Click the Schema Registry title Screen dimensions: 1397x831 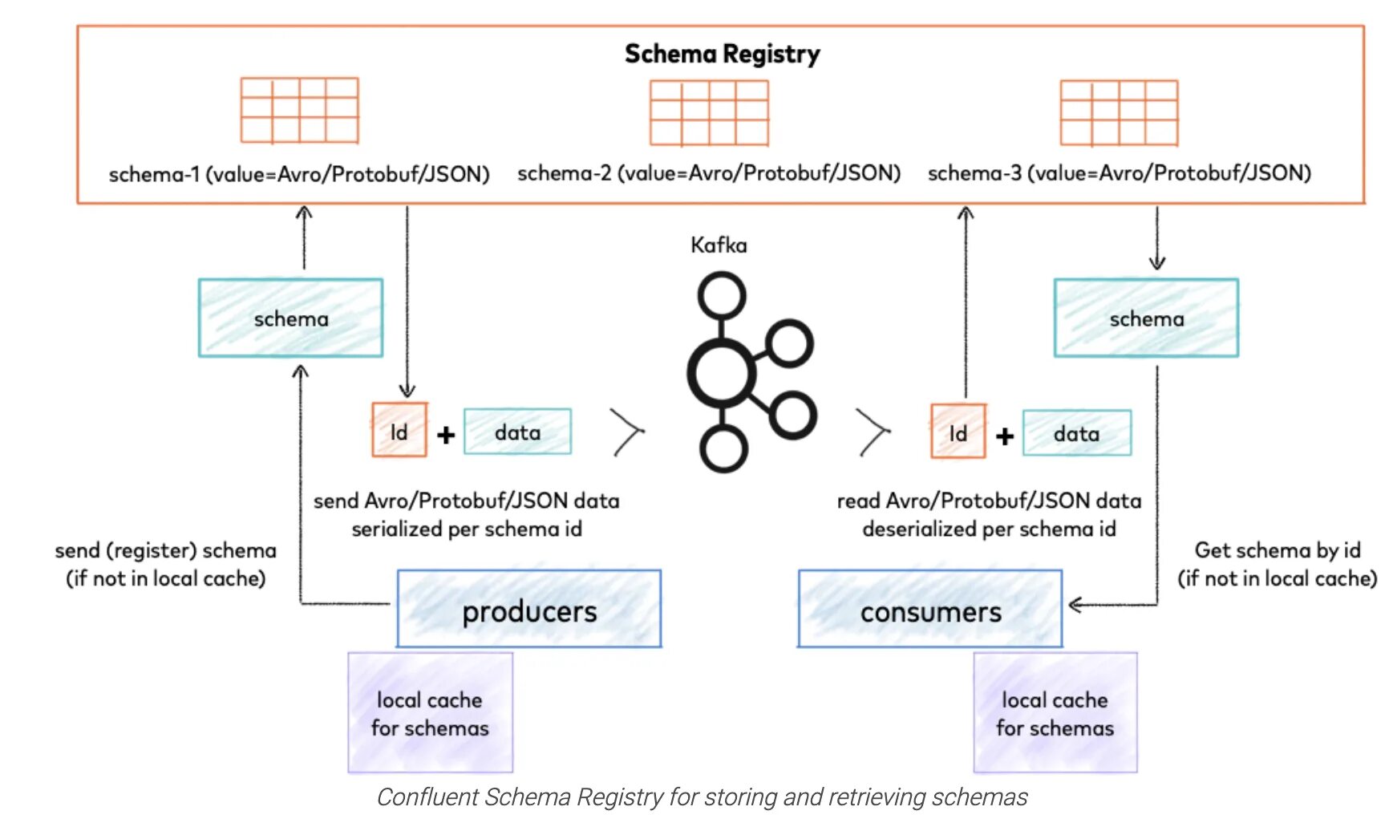[722, 54]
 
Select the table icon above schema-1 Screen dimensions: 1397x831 [299, 111]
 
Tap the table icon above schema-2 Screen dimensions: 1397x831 [709, 112]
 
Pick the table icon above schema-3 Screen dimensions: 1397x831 [1119, 112]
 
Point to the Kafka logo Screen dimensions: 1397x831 [751, 371]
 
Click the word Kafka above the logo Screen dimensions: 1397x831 [719, 245]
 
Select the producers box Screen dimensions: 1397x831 [529, 609]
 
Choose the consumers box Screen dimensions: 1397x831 [930, 609]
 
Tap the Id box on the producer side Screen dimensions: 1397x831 [399, 431]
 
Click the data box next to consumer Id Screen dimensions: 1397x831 [1077, 433]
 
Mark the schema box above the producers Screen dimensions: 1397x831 [290, 318]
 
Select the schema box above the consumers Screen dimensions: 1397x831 [1146, 318]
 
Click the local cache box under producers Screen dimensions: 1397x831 [430, 712]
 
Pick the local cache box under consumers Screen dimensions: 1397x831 [1055, 712]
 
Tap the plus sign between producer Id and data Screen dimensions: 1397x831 [446, 435]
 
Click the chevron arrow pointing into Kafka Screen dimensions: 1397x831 [628, 432]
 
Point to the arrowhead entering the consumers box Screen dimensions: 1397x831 [1076, 605]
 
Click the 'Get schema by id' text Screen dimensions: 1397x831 [1278, 550]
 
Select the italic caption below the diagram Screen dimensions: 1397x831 [702, 797]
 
